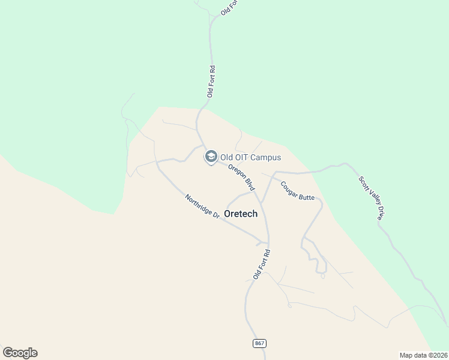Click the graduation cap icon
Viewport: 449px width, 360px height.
(211, 157)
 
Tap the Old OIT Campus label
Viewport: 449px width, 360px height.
(250, 158)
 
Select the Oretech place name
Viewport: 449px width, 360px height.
(241, 213)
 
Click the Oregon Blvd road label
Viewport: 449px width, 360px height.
(241, 178)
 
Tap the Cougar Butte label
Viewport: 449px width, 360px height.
(297, 190)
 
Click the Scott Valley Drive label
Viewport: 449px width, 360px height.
(370, 198)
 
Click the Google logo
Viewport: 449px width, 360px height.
(20, 353)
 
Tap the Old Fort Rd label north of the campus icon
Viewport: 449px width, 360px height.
(211, 81)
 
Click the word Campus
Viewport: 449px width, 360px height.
(266, 158)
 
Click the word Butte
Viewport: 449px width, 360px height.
(306, 196)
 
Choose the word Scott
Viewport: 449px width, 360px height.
(363, 182)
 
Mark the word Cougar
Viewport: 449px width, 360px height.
(289, 185)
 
